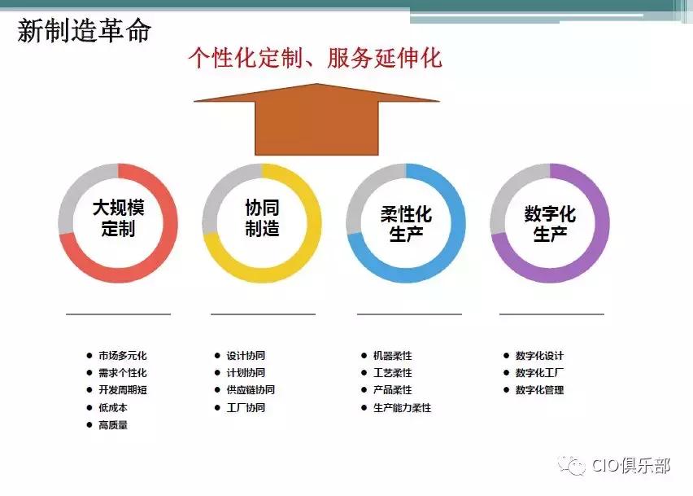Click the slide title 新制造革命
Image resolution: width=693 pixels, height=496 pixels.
coord(84,32)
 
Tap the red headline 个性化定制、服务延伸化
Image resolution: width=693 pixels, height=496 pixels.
coord(315,59)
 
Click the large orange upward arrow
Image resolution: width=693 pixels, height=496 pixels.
coord(316,119)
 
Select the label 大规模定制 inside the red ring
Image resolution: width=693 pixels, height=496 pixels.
coord(118,217)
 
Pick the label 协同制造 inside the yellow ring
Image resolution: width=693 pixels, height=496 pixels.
coord(262,217)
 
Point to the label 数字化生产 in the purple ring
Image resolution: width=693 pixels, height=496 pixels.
coord(550,223)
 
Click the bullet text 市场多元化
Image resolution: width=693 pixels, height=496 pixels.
coord(122,356)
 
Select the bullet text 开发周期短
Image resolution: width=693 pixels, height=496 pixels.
coord(122,390)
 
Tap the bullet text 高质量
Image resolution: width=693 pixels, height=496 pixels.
coord(113,425)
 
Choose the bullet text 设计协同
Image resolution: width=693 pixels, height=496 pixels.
coord(246,356)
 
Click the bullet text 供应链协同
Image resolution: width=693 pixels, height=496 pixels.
coord(251,390)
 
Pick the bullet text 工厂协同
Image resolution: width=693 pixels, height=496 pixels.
coord(246,407)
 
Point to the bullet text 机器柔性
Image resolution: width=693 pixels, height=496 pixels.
coord(392,356)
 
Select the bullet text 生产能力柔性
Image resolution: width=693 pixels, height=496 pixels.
coord(402,407)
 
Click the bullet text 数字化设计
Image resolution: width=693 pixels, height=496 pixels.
coord(539,356)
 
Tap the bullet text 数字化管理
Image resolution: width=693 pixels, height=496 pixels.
coord(539,390)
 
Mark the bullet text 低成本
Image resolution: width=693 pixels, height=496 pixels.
coord(113,407)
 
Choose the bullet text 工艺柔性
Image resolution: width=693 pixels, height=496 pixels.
coord(392,373)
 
